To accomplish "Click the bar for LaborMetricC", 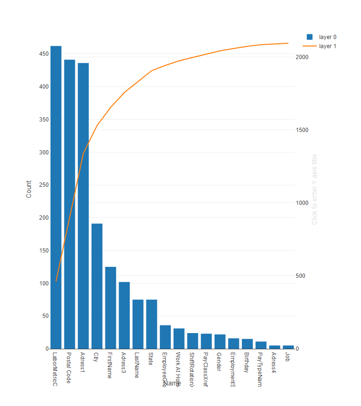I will point(56,197).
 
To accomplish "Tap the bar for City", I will point(97,286).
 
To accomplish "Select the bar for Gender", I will point(220,342).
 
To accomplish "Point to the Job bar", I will point(288,347).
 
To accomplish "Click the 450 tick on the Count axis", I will point(43,54).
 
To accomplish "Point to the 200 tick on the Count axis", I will point(43,218).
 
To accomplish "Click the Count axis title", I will point(29,189).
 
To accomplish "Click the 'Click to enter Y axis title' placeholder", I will point(314,189).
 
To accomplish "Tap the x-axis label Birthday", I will point(246,363).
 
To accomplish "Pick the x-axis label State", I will point(151,359).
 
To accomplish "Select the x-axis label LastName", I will point(137,365).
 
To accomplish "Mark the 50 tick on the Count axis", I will point(45,316).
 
